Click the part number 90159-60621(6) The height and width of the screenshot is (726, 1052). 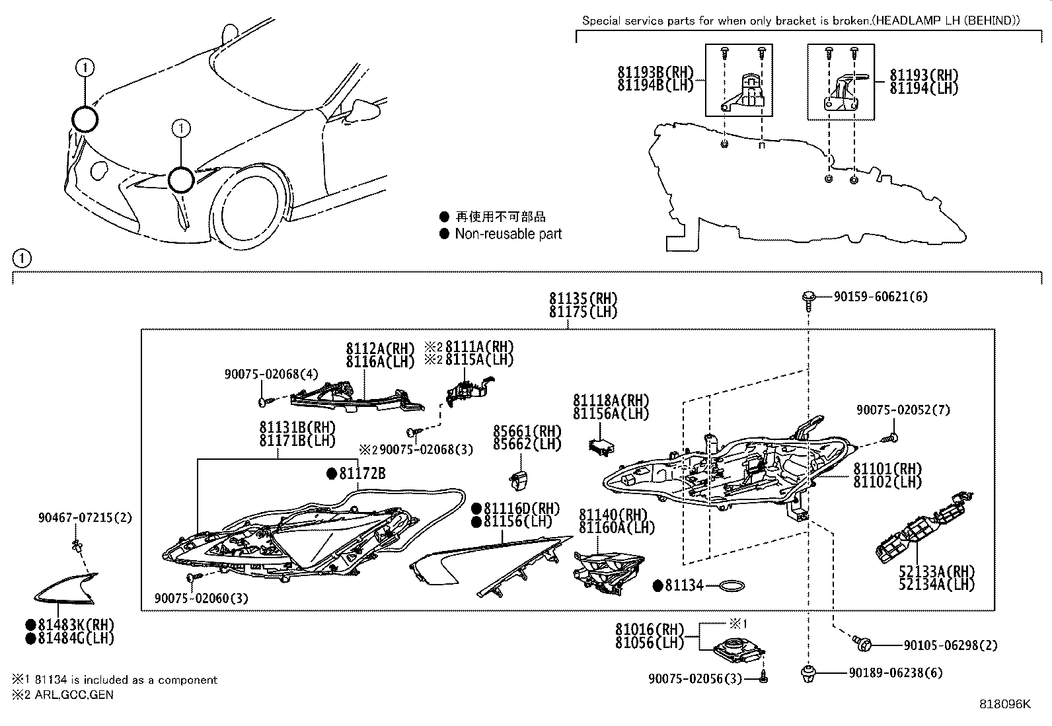tap(880, 297)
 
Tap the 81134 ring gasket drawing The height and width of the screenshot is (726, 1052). tap(732, 585)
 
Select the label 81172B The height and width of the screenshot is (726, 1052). tap(362, 474)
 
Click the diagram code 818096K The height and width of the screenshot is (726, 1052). tap(1004, 704)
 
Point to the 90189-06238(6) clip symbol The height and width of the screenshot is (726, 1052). tap(807, 674)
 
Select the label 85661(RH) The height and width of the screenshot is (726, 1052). tap(527, 431)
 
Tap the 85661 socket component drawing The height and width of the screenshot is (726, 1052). tap(519, 476)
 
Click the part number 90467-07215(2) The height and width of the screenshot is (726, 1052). tap(85, 519)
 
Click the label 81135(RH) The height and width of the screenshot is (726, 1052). tap(582, 299)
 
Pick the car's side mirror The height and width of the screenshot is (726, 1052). tap(362, 108)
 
